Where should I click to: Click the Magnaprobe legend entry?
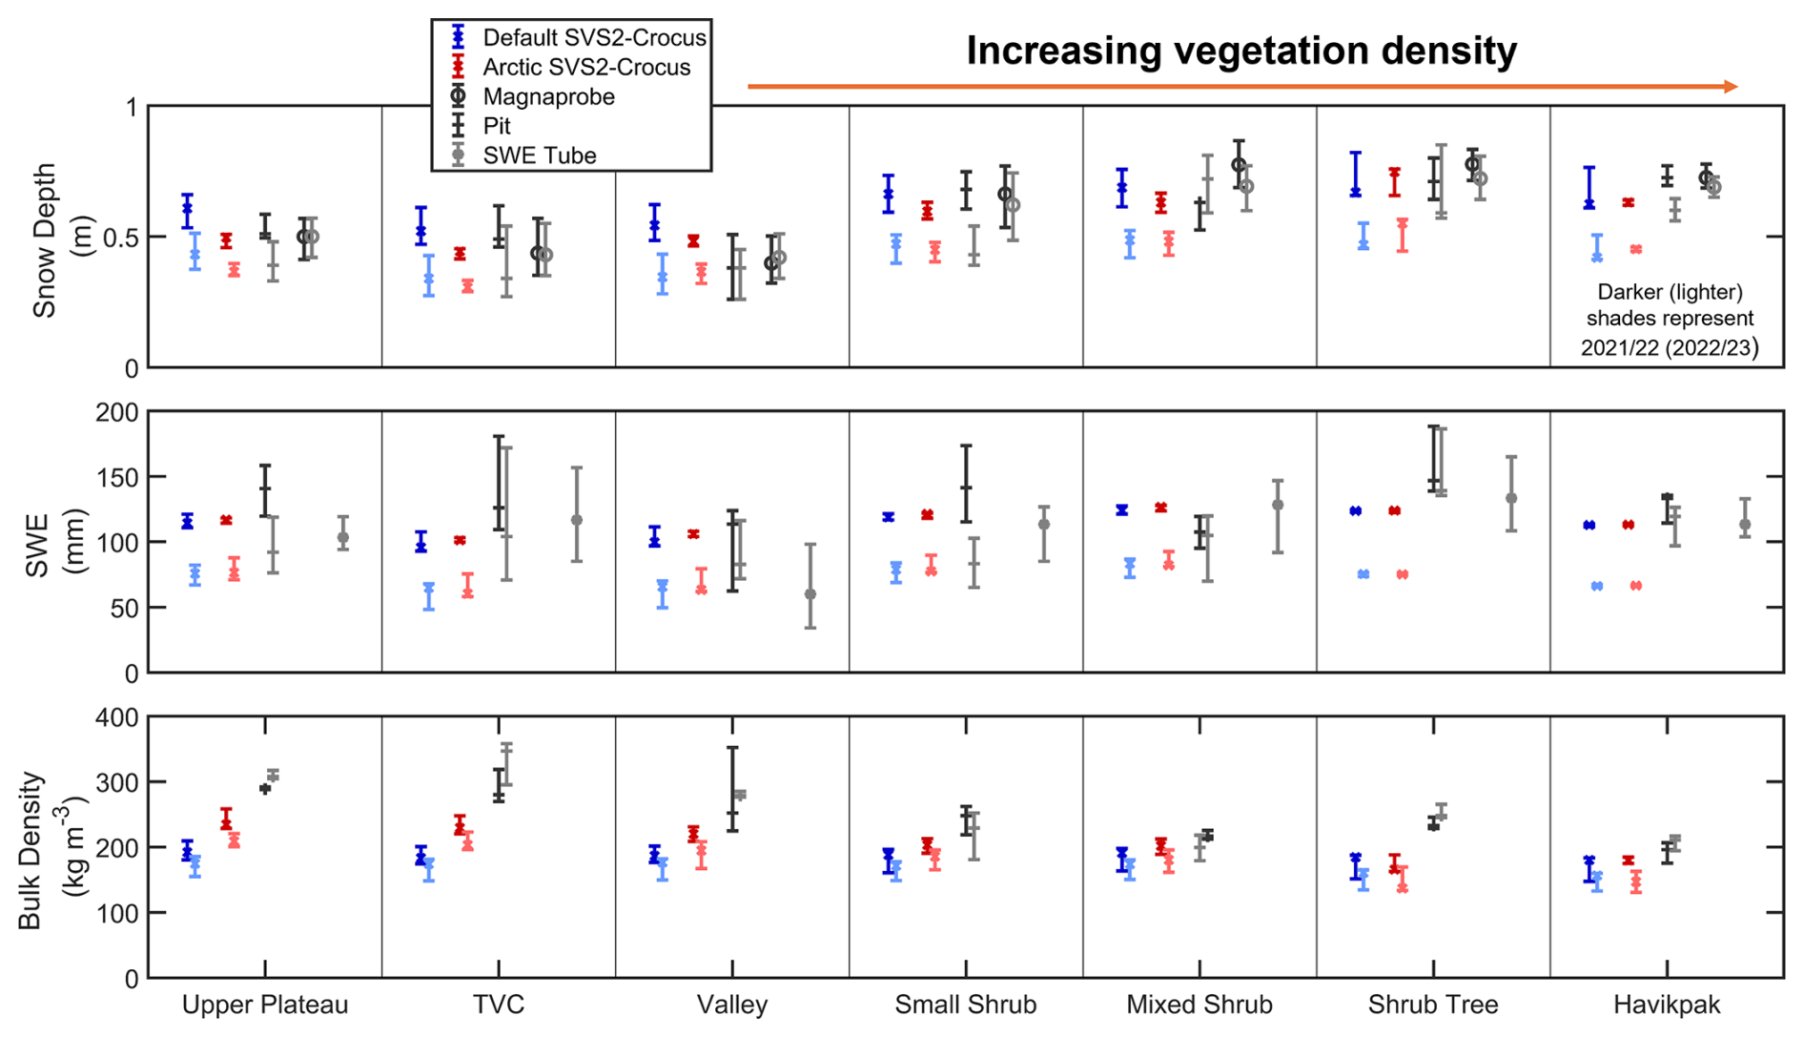tap(548, 96)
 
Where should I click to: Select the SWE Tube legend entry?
tap(539, 156)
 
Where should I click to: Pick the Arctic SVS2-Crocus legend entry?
tap(585, 67)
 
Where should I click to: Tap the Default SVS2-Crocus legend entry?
tap(593, 37)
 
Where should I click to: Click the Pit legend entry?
tap(496, 126)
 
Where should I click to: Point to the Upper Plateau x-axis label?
tap(265, 1005)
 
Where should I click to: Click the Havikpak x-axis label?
tap(1667, 1005)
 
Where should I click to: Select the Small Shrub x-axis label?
tap(965, 1005)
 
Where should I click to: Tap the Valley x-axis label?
tap(731, 1005)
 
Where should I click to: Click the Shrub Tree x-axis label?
tap(1432, 1005)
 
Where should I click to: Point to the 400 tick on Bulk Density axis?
tap(117, 717)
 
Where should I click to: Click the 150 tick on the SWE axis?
tap(117, 477)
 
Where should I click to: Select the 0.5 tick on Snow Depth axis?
tap(120, 238)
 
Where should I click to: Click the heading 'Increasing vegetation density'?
tap(1241, 51)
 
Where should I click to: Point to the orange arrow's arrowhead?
tap(1731, 87)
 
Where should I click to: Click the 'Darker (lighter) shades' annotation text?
tap(1669, 320)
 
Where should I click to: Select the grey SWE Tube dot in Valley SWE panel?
tap(810, 594)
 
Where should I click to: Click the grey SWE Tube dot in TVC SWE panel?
tap(577, 520)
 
